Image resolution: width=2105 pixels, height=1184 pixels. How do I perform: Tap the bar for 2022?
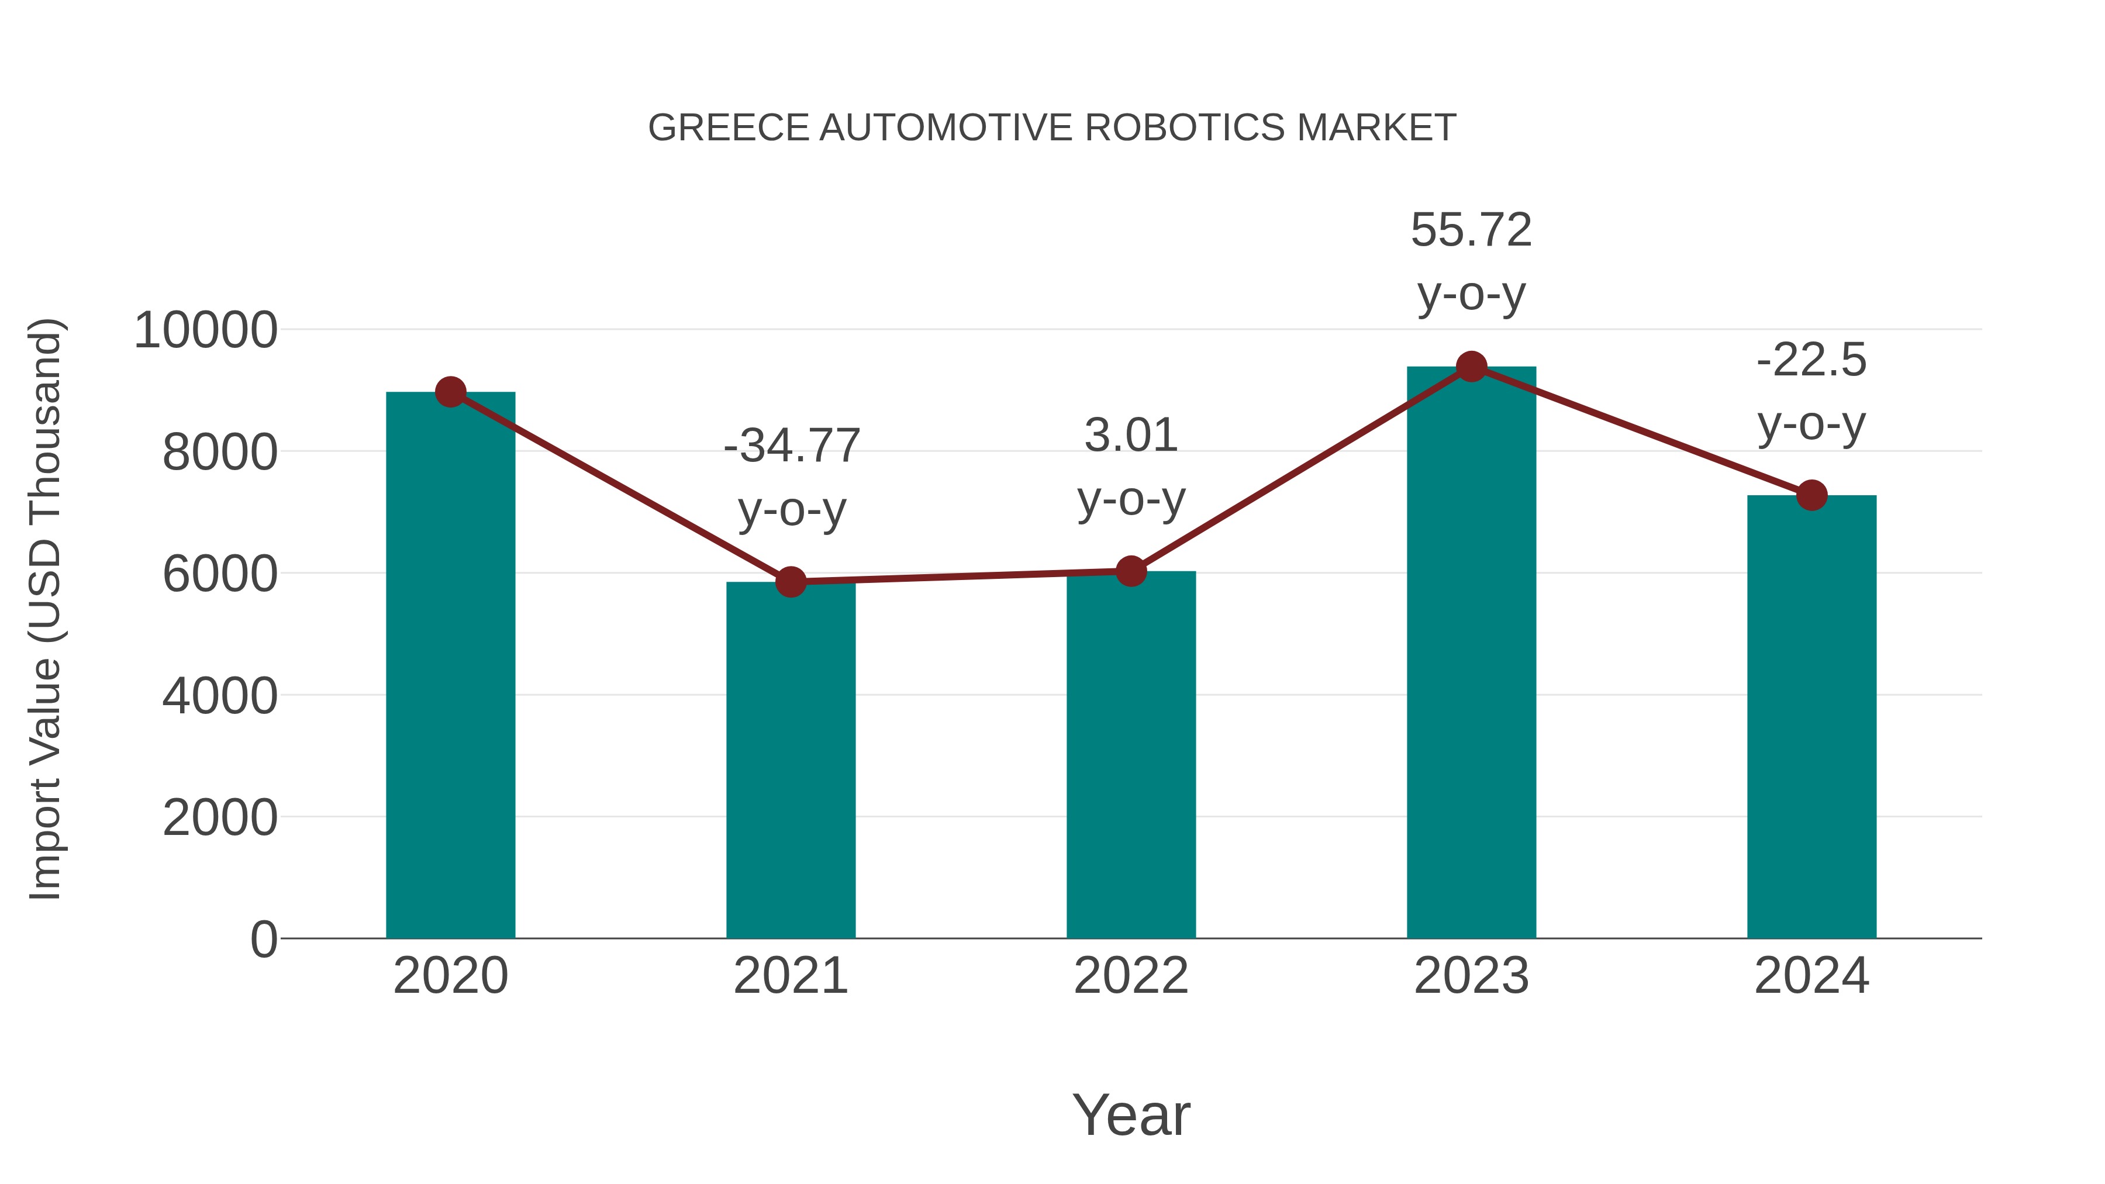click(1131, 756)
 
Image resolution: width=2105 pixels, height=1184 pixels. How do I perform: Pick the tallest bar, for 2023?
click(1471, 654)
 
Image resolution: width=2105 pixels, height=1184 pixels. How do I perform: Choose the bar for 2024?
click(1811, 719)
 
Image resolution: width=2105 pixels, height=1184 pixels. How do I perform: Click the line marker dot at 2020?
click(450, 392)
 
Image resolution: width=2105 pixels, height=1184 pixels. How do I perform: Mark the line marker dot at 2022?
click(1131, 571)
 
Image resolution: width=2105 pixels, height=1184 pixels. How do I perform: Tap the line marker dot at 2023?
click(1471, 367)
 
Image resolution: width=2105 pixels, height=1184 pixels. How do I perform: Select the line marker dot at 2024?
click(1811, 495)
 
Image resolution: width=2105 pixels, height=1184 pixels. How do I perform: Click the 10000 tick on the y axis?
click(205, 331)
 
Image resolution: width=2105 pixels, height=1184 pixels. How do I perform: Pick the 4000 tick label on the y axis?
click(220, 696)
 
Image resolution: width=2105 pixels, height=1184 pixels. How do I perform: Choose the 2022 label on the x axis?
click(1131, 976)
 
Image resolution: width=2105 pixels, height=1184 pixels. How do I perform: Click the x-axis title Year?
click(1131, 1114)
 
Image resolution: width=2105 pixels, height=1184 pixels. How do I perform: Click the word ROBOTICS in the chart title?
click(1185, 128)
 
